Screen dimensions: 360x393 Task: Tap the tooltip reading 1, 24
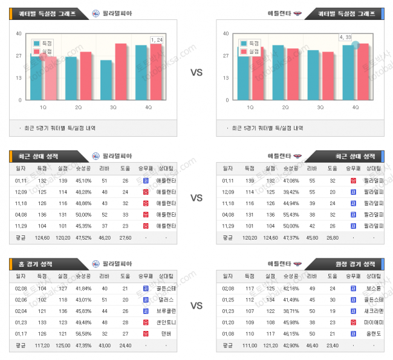157,39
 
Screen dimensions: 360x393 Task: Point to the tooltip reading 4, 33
345,38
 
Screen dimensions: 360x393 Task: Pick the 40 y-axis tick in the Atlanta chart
226,33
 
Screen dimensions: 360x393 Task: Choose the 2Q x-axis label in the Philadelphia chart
79,107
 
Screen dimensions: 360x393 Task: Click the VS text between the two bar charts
197,73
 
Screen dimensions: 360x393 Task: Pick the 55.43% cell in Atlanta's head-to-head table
290,214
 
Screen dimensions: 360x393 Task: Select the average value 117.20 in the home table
42,346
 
